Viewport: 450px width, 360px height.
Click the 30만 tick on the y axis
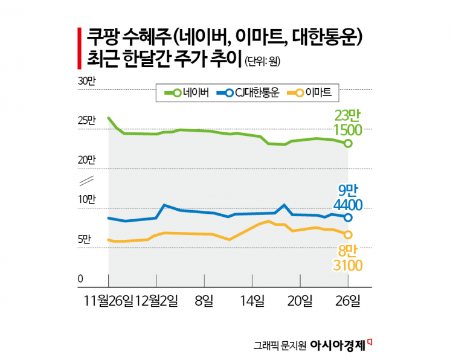point(86,82)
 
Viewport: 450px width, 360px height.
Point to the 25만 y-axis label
point(86,121)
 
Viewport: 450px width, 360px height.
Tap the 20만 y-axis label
point(86,160)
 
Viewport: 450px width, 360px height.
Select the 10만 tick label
point(86,200)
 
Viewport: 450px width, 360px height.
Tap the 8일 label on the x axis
point(204,300)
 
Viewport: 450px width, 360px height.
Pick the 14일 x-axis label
point(252,300)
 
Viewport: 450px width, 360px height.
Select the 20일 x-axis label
point(300,300)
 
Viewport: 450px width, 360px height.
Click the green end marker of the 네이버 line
point(349,143)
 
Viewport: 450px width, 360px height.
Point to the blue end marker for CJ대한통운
point(349,217)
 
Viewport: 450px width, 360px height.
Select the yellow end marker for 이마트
point(349,234)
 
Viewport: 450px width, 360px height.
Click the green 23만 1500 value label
point(348,123)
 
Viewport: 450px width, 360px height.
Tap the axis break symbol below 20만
point(86,179)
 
